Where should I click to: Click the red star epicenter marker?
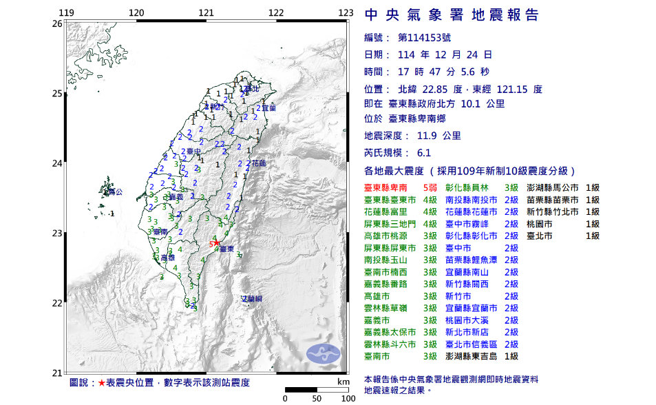point(216,242)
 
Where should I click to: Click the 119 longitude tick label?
point(66,12)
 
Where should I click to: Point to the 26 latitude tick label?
point(58,23)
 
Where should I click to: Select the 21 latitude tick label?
point(58,373)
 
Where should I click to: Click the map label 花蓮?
point(259,164)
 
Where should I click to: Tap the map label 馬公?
point(115,191)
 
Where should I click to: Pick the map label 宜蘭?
point(268,108)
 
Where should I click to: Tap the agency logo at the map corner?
point(324,353)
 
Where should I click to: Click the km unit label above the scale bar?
point(343,381)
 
